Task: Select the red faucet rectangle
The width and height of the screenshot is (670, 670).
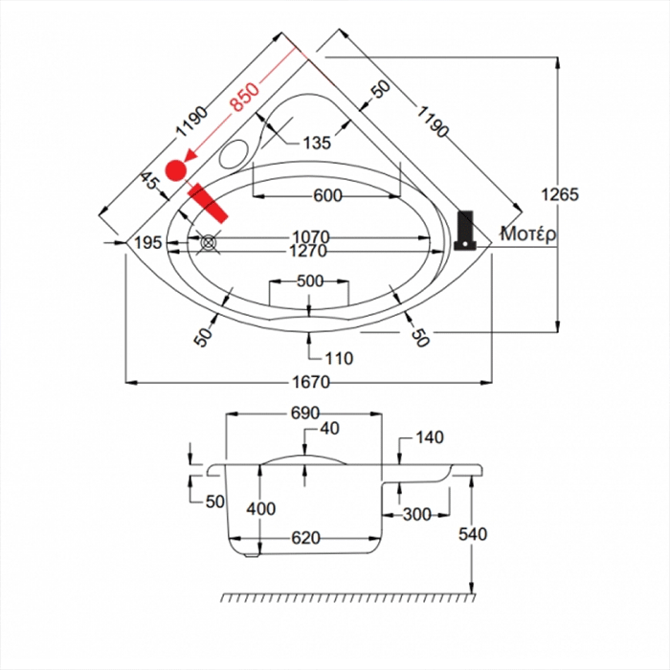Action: tap(209, 203)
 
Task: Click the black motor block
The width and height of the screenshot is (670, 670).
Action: tap(466, 229)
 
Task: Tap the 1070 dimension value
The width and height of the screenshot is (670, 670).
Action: tap(310, 236)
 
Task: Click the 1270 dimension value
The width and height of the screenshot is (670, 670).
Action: tap(308, 251)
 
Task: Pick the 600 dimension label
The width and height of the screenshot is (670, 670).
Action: tap(327, 195)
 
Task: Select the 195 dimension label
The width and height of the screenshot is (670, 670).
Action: tap(147, 243)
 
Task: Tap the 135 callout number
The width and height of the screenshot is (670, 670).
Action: tap(316, 143)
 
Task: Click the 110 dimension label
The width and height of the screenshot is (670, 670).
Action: tap(339, 359)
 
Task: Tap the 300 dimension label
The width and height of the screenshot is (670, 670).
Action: tap(416, 514)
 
